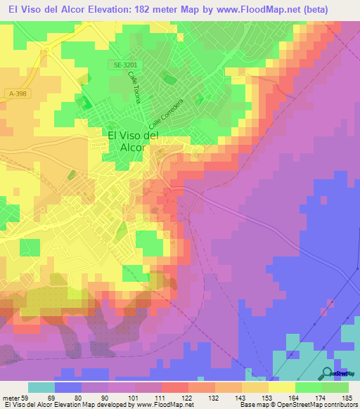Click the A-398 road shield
click(22, 93)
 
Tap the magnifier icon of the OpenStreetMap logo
click(326, 374)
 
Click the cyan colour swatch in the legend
click(41, 387)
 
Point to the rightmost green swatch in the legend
click(335, 387)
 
